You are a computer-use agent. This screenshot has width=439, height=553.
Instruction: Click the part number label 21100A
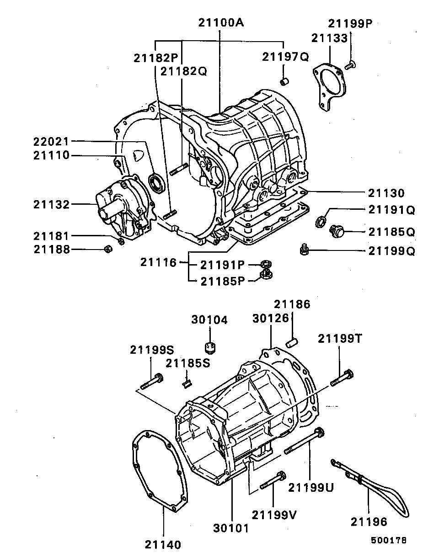click(x=221, y=22)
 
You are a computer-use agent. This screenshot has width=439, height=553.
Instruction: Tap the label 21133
click(x=329, y=38)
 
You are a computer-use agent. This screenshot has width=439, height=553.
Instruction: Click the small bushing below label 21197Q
click(x=284, y=82)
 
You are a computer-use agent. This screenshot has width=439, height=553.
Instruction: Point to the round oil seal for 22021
click(x=157, y=183)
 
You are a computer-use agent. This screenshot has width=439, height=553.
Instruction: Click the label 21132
click(x=51, y=205)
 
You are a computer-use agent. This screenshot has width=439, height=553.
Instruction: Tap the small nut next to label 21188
click(x=108, y=249)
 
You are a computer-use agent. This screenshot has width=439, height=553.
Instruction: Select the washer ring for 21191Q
click(x=321, y=222)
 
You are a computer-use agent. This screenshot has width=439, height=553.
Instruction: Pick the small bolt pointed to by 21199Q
click(x=304, y=249)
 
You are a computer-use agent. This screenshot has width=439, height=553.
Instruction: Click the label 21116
click(x=158, y=262)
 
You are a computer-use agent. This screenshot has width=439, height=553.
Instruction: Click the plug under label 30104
click(x=210, y=347)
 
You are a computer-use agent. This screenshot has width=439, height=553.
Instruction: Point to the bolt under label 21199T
click(x=342, y=377)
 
